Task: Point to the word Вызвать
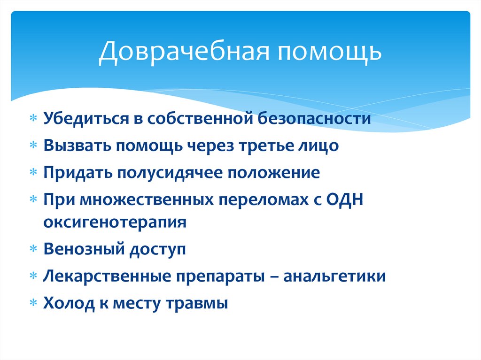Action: pos(78,146)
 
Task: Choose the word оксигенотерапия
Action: pos(115,222)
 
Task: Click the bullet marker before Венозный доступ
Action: pos(33,249)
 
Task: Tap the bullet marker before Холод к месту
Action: pos(33,303)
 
